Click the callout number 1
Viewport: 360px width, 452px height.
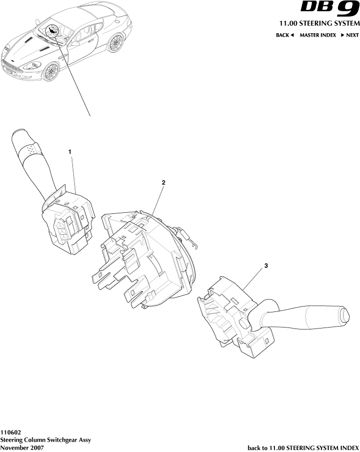pyautogui.click(x=70, y=152)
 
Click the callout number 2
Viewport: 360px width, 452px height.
pyautogui.click(x=164, y=182)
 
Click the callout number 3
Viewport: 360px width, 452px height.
pyautogui.click(x=266, y=266)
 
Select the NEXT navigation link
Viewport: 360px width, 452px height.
pyautogui.click(x=350, y=36)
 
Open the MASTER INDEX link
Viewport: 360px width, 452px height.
pyautogui.click(x=318, y=36)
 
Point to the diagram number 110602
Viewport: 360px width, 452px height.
pyautogui.click(x=10, y=432)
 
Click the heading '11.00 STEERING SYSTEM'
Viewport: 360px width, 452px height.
pyautogui.click(x=319, y=23)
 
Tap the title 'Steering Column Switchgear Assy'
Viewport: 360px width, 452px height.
pyautogui.click(x=45, y=440)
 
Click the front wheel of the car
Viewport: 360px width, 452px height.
pyautogui.click(x=50, y=72)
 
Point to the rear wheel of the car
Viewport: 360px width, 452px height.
pyautogui.click(x=116, y=43)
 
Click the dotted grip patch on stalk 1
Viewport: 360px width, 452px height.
pyautogui.click(x=32, y=148)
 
